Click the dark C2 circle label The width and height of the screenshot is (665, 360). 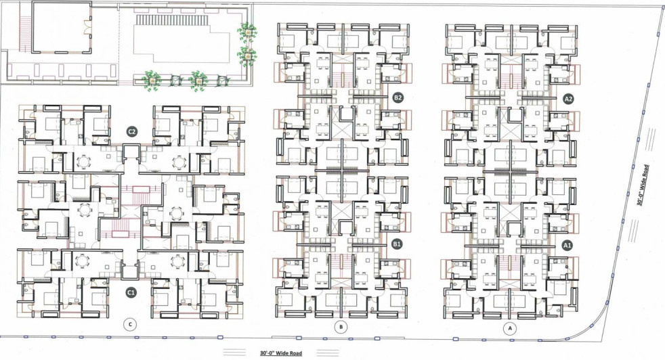click(x=133, y=131)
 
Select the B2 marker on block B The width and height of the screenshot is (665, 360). click(x=398, y=98)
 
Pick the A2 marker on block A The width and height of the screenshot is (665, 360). click(x=569, y=98)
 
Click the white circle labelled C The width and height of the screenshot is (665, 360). click(x=131, y=325)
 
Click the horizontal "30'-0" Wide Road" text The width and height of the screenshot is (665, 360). click(x=281, y=353)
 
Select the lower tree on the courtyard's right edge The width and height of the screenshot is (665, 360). click(x=246, y=53)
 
